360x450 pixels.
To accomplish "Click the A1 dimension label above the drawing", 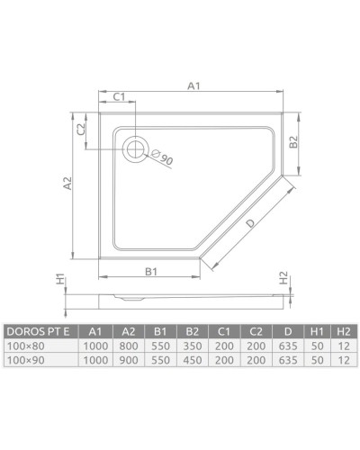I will pyautogui.click(x=193, y=86).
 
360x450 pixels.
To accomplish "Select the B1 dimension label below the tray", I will pyautogui.click(x=152, y=270).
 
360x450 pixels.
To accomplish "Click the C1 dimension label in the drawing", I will pyautogui.click(x=117, y=97).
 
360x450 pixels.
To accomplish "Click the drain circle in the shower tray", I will pyautogui.click(x=138, y=148).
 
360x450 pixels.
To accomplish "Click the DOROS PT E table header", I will pyautogui.click(x=41, y=328).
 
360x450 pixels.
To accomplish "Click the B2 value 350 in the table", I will pyautogui.click(x=192, y=344).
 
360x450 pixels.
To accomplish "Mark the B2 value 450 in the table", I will pyautogui.click(x=192, y=358).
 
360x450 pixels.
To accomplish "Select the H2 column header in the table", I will pyautogui.click(x=343, y=328).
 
